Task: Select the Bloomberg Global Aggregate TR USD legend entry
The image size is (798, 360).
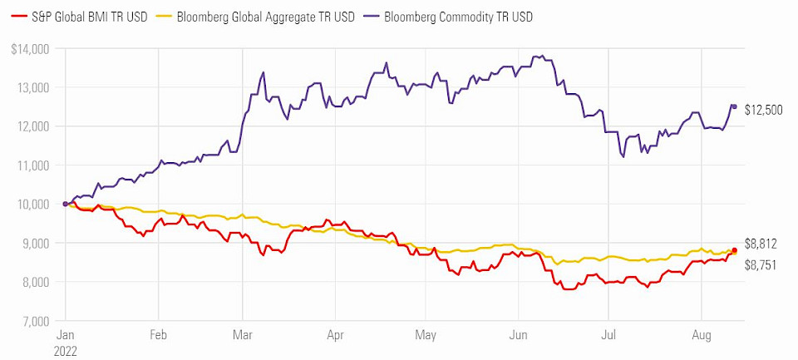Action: pos(264,17)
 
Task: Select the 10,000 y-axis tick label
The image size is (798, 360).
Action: pos(34,204)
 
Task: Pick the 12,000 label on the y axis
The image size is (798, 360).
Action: pos(34,126)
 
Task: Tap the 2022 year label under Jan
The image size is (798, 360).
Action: pos(66,351)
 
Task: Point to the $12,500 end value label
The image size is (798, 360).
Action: pos(763,109)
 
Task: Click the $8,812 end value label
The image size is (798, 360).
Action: pos(761,244)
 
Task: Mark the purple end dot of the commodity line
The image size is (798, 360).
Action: pos(734,106)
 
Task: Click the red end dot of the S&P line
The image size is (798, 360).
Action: pos(734,250)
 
